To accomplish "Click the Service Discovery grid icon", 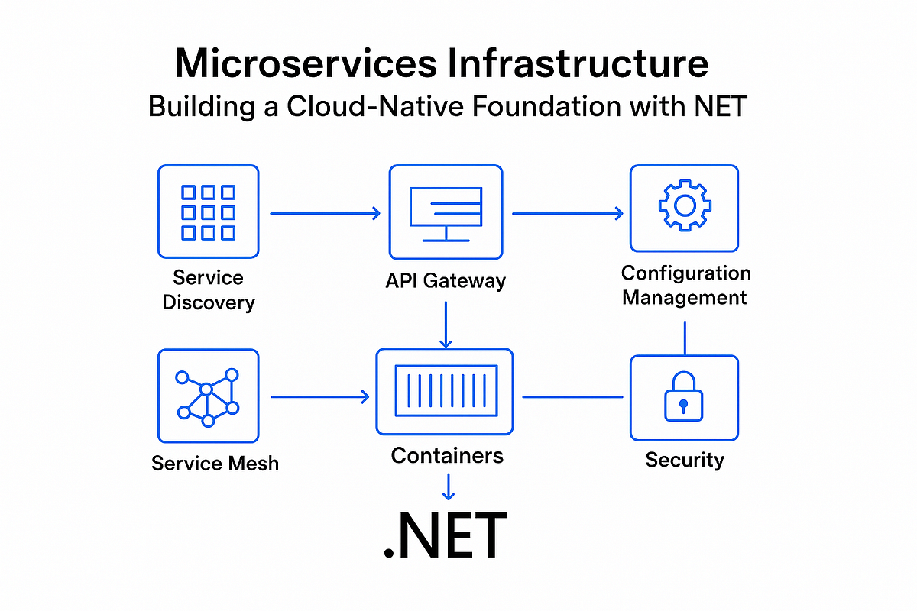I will tap(208, 212).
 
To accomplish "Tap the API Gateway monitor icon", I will tap(446, 212).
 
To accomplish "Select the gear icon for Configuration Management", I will tap(684, 207).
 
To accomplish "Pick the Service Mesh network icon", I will tap(208, 396).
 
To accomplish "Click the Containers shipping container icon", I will tap(445, 392).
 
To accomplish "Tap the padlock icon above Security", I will tap(684, 397).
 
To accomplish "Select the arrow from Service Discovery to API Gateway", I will tap(325, 214).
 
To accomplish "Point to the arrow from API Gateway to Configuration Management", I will tap(567, 214).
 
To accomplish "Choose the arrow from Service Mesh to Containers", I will tap(319, 397).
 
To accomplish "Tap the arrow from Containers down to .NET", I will tap(449, 486).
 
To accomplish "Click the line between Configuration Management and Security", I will tap(685, 338).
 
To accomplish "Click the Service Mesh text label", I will tap(215, 463).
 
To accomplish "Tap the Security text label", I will tap(684, 460).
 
